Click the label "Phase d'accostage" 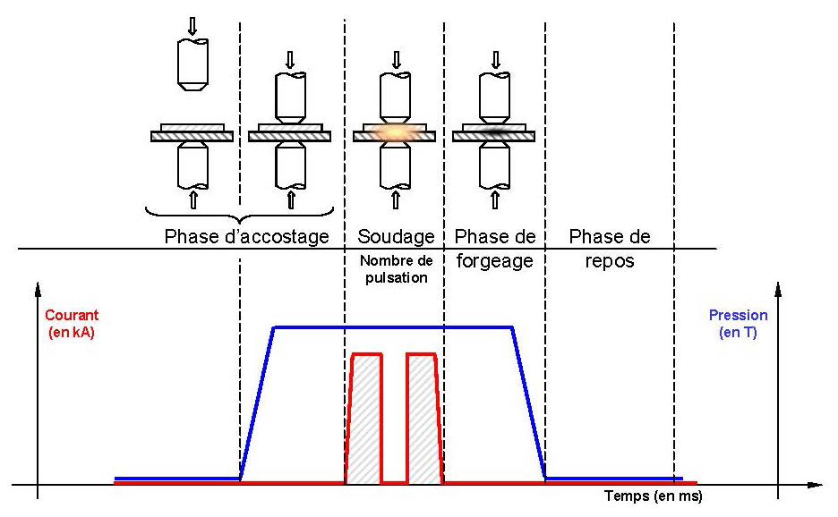(246, 237)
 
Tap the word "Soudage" (396, 237)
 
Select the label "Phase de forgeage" (495, 249)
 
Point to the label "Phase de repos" (609, 249)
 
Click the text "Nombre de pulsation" (396, 269)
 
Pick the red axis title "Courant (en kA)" (71, 324)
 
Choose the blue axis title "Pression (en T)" (738, 324)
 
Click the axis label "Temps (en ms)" (653, 495)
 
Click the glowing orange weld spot (394, 133)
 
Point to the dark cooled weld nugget (493, 132)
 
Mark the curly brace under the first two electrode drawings (239, 216)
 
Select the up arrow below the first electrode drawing (192, 198)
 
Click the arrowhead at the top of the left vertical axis (38, 289)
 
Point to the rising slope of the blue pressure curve (257, 403)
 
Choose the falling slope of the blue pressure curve (529, 403)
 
